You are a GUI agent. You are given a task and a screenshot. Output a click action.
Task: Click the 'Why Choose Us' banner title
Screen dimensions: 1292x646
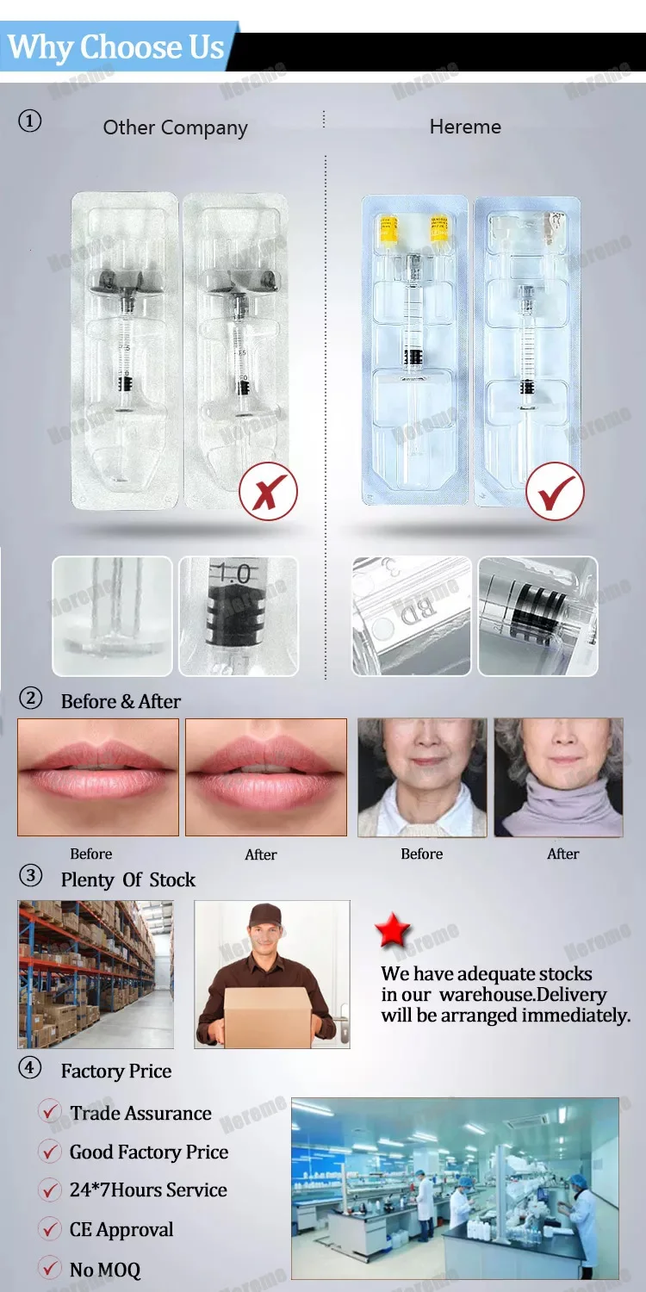pos(116,47)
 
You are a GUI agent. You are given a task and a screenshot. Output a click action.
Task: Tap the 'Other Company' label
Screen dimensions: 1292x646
pos(175,128)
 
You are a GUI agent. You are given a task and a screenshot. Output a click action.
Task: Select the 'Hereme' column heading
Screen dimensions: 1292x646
pos(465,127)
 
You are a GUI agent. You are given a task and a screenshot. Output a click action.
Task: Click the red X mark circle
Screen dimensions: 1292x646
pos(268,492)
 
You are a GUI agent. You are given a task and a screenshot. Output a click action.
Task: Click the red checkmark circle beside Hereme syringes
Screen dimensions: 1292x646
pos(555,492)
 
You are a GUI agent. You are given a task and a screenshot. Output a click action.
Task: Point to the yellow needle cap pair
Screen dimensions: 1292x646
pos(413,227)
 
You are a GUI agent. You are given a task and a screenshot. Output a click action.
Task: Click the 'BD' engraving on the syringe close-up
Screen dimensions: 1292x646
pos(414,612)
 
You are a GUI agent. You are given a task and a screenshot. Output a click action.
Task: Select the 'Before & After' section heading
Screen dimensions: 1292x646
pos(121,701)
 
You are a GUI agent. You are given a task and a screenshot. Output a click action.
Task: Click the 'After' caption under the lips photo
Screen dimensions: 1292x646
pos(260,854)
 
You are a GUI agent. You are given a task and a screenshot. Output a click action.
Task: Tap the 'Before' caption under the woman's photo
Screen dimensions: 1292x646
pos(421,854)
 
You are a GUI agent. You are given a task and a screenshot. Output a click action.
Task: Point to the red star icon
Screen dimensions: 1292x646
pos(393,932)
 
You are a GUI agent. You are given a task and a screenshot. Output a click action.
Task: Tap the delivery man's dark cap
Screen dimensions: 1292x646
pos(264,916)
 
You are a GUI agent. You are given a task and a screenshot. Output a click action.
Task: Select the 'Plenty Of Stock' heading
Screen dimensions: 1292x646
pos(127,879)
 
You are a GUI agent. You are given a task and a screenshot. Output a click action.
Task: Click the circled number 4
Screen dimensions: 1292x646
pos(30,1068)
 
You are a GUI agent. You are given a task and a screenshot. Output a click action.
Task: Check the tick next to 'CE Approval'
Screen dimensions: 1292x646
pos(50,1229)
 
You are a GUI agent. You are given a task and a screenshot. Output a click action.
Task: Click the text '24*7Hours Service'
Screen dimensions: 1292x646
pos(148,1190)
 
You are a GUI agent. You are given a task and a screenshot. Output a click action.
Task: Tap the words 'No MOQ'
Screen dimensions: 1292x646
pos(104,1270)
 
